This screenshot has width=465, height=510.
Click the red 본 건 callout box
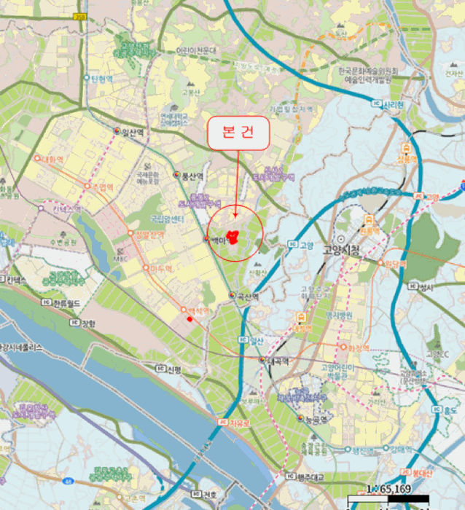pos(239,134)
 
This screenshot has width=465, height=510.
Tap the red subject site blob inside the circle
pos(234,237)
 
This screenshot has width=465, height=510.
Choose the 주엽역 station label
pos(103,187)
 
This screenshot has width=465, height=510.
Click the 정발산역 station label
pos(149,235)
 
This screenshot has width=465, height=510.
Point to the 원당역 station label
pos(394,262)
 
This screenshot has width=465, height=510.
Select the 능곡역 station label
pos(315,418)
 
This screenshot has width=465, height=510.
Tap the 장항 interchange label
pos(88,323)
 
